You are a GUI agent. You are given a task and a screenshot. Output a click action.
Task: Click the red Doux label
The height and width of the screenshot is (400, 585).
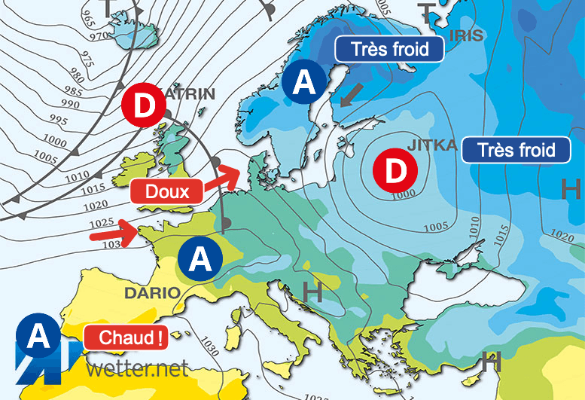pos(167,191)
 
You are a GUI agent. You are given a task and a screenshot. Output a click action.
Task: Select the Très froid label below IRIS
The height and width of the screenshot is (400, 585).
pos(390,50)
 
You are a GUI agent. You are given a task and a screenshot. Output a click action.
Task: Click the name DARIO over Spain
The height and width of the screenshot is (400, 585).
pos(153,292)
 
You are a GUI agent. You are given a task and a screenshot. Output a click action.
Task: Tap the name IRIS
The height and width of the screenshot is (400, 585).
pos(465,35)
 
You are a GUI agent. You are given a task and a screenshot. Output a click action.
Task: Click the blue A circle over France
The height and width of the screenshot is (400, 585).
pos(200,259)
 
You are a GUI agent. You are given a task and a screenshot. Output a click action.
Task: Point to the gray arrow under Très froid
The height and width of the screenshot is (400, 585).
pos(349,95)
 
